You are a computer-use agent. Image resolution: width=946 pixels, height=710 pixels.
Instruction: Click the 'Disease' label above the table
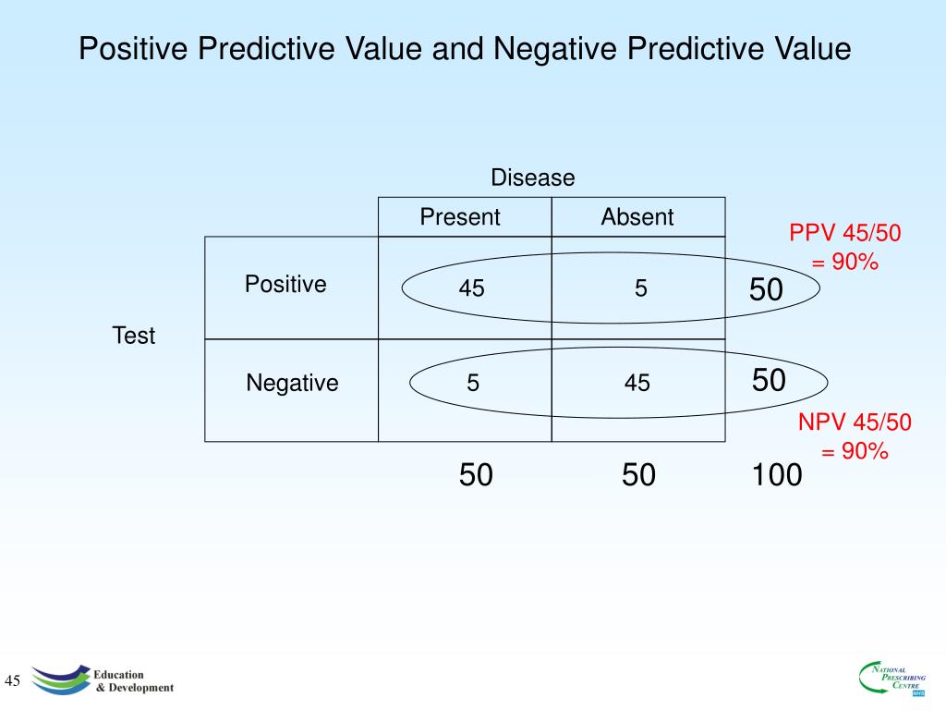532,177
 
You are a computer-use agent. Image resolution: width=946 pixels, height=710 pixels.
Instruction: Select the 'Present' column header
459,217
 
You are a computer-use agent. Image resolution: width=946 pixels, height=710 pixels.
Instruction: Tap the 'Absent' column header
637,217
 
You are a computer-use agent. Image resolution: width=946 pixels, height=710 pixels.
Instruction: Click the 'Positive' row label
285,284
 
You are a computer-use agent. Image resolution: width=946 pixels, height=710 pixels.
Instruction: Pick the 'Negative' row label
292,383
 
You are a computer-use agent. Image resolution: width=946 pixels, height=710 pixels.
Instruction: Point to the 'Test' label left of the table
134,336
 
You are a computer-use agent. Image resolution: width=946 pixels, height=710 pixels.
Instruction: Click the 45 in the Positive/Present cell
471,289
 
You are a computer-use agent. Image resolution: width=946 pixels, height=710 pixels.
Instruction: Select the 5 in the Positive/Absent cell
640,289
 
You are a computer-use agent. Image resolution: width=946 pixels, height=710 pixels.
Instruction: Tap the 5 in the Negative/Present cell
473,383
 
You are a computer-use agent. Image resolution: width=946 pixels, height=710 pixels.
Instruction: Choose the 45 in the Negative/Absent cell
637,383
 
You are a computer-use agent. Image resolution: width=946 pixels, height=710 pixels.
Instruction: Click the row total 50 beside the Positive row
766,290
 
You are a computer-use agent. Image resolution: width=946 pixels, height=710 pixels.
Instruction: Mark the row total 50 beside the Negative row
769,379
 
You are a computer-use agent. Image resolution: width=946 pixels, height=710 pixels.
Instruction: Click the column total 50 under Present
476,475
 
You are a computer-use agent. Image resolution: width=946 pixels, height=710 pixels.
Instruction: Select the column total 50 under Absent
638,475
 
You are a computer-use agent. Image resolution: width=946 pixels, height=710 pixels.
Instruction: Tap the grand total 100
776,475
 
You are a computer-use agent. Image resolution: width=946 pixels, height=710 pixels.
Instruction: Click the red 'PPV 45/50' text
844,234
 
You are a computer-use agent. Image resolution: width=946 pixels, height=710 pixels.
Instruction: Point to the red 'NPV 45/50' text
855,423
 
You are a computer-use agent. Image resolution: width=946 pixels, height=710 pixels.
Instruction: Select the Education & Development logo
102,680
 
